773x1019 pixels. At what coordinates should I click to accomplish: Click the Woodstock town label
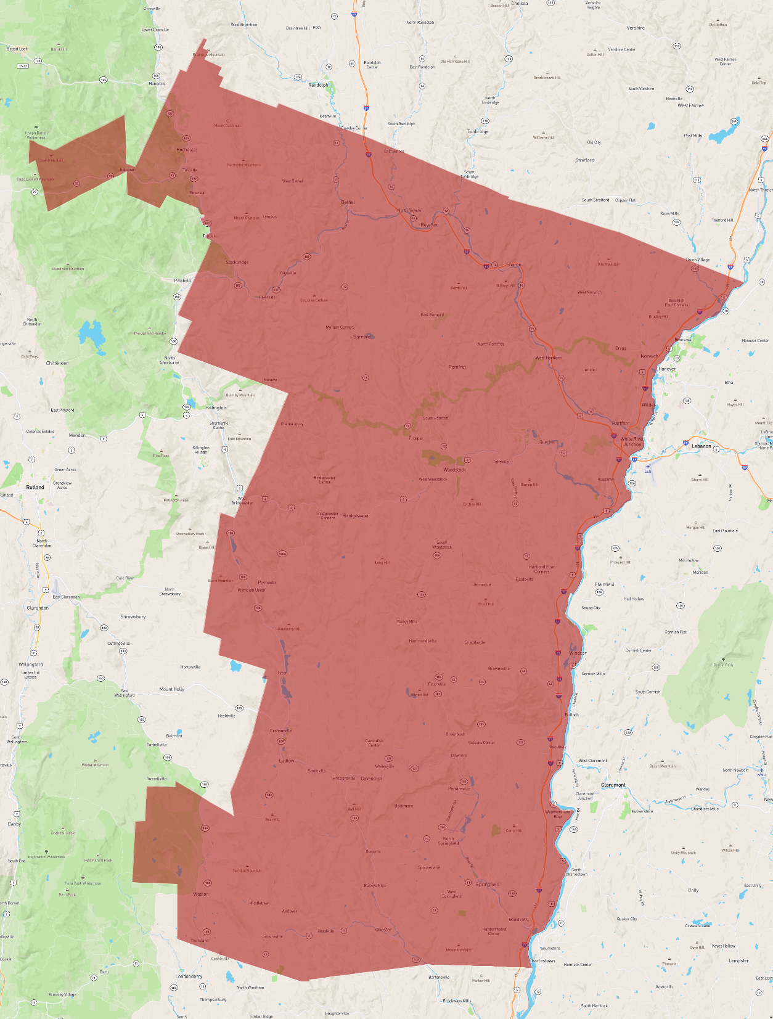(454, 470)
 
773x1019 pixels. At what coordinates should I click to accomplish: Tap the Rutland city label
(35, 487)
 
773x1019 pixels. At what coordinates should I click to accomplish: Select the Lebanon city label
(701, 446)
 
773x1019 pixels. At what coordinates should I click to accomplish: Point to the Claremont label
(613, 785)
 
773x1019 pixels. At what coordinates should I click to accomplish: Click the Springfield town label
(488, 884)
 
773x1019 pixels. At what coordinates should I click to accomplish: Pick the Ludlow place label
(287, 761)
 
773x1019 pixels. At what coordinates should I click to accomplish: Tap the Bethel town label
(348, 202)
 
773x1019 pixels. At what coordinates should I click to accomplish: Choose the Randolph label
(318, 85)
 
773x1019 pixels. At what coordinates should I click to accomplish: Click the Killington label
(216, 407)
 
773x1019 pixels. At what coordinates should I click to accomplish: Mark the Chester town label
(383, 930)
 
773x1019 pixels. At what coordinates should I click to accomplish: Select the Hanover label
(667, 369)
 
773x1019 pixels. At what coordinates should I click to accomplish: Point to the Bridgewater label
(356, 515)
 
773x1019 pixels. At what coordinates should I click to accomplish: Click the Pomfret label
(457, 367)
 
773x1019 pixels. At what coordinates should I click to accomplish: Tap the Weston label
(201, 894)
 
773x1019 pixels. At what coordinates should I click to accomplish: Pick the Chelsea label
(519, 4)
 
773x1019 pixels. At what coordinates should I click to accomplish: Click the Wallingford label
(31, 665)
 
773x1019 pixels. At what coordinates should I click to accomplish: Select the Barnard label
(362, 337)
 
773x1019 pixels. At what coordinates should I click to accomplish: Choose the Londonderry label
(189, 976)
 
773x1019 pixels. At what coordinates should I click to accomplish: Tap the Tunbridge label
(477, 131)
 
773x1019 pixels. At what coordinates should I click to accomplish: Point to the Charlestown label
(542, 960)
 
